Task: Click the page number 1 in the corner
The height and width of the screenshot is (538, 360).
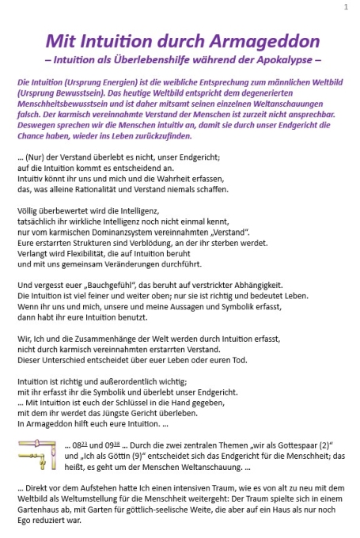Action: click(x=346, y=7)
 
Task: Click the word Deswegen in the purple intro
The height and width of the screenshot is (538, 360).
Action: click(x=36, y=124)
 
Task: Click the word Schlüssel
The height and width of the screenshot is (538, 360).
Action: click(x=146, y=400)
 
